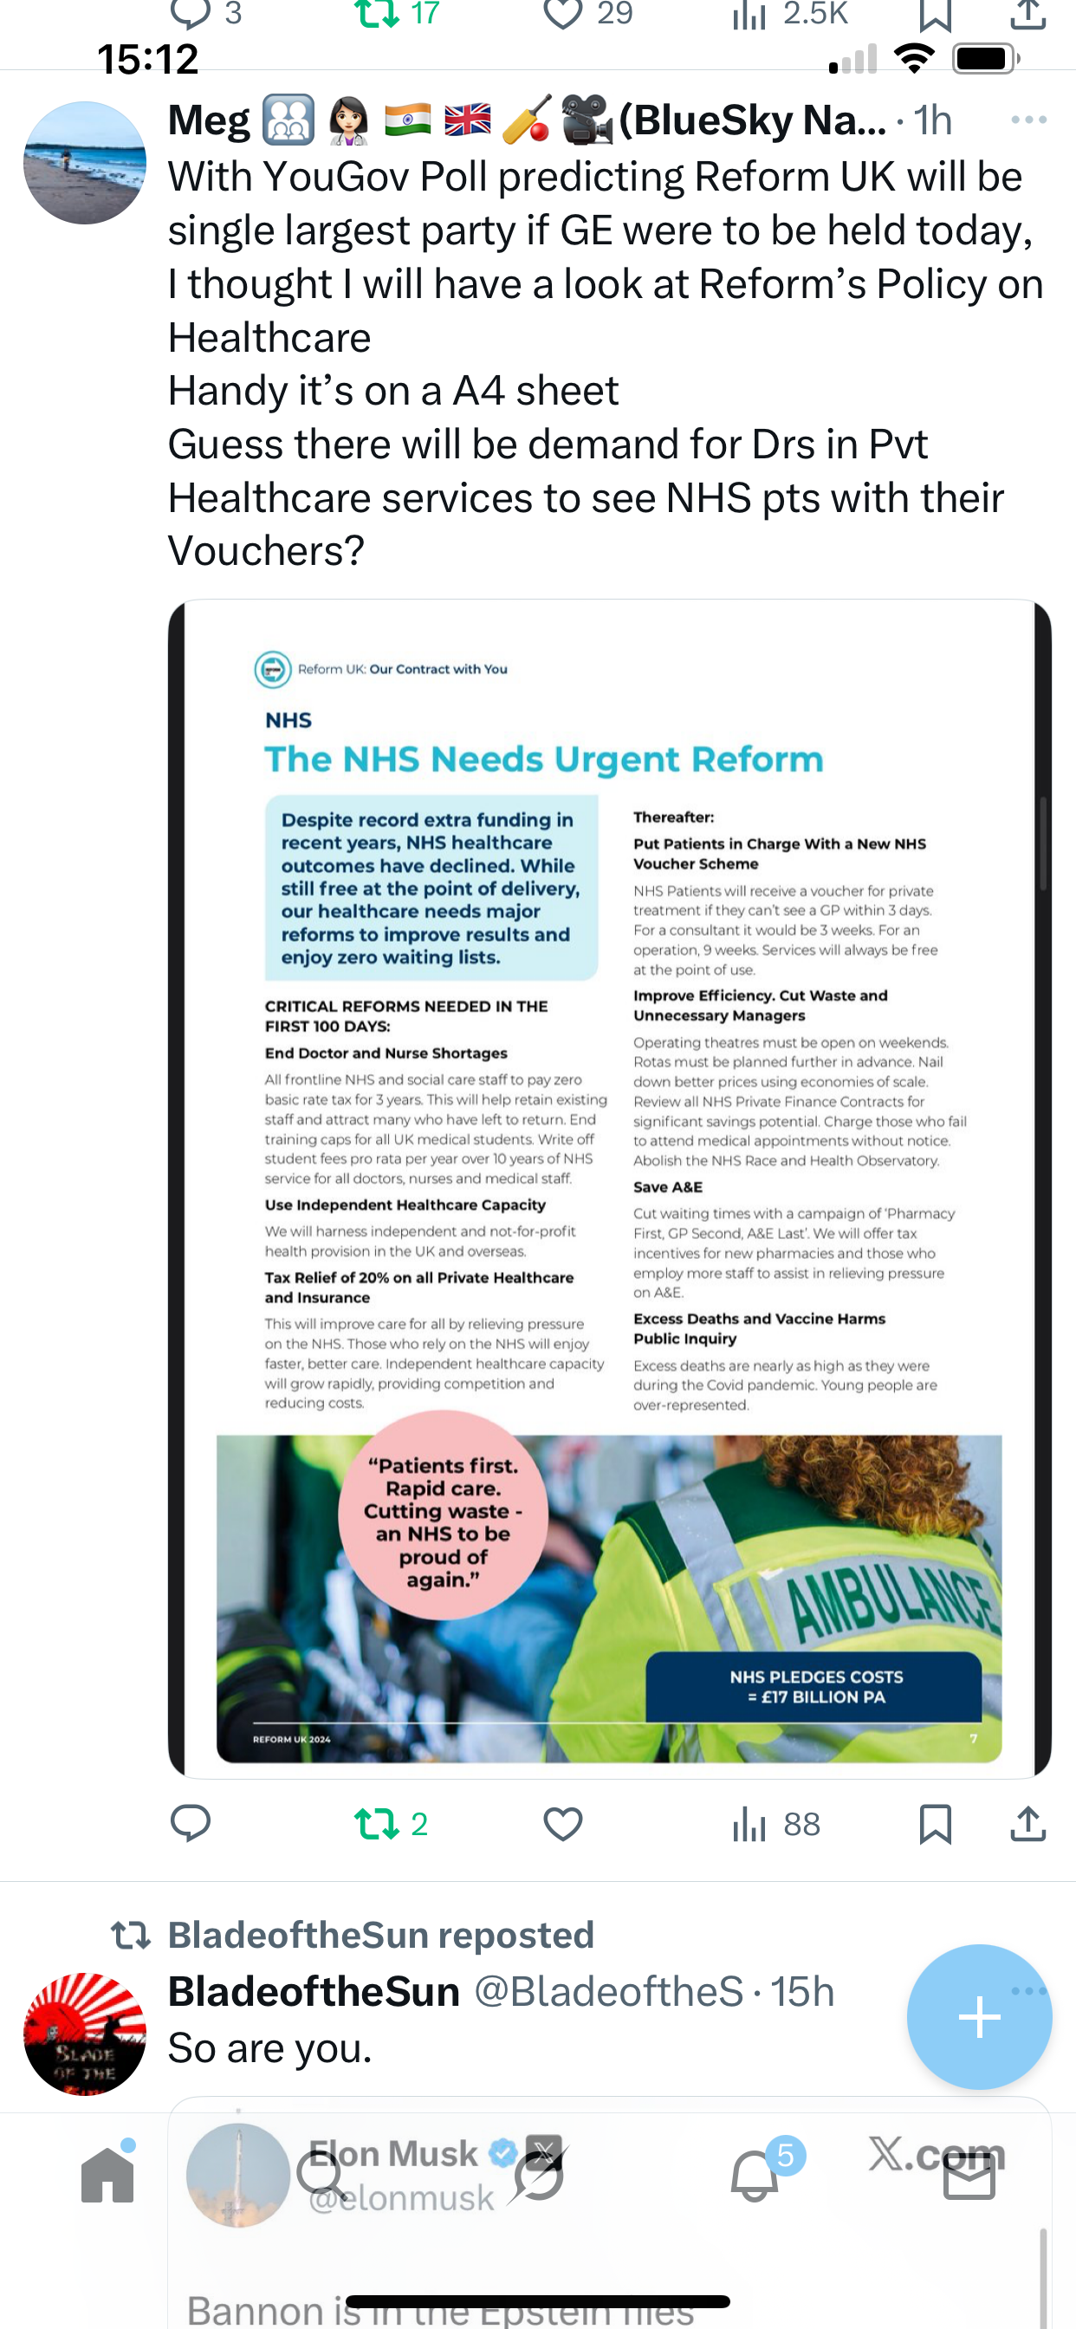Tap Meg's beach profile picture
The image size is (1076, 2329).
[x=84, y=163]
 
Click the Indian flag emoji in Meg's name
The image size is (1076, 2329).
[x=407, y=120]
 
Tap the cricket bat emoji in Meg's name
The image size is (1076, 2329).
[x=526, y=120]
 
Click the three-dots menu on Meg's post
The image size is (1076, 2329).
[x=1028, y=120]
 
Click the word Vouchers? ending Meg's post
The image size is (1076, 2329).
[x=266, y=550]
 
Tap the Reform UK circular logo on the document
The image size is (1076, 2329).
[x=272, y=669]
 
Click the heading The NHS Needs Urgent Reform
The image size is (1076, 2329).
[x=543, y=760]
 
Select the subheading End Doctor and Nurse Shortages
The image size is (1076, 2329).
[x=386, y=1054]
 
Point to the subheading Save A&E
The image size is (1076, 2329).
[x=667, y=1187]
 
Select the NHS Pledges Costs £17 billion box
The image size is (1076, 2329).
[x=814, y=1687]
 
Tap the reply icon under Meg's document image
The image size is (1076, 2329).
[x=191, y=1824]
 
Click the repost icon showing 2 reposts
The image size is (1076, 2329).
[x=378, y=1824]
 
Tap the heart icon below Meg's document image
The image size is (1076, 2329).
[x=562, y=1824]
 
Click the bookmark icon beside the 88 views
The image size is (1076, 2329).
[x=934, y=1824]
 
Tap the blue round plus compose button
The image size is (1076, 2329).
[x=978, y=2017]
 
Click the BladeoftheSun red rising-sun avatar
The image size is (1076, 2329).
[x=84, y=2034]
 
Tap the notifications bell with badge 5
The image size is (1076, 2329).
[x=755, y=2174]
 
